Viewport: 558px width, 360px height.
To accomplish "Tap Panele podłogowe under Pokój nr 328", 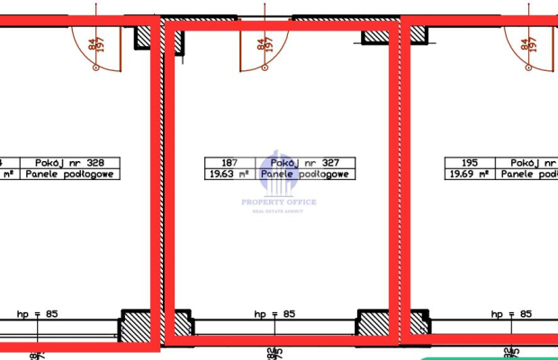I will pos(70,175).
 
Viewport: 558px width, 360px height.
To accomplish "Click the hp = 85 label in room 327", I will pos(274,314).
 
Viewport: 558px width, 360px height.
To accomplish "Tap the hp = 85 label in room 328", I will pos(37,314).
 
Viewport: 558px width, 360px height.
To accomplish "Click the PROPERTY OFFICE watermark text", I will pos(279,202).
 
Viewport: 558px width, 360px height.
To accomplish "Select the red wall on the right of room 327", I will pos(394,180).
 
